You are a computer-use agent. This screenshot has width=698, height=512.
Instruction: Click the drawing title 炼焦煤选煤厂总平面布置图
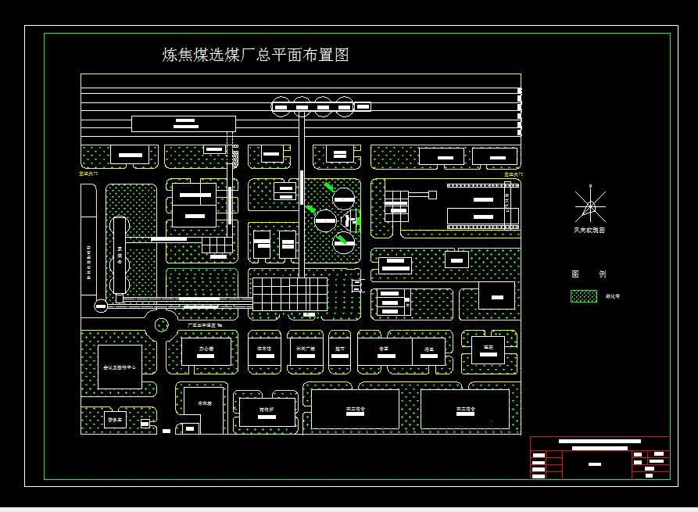click(x=255, y=55)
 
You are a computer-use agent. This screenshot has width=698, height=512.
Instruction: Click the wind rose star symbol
click(x=590, y=206)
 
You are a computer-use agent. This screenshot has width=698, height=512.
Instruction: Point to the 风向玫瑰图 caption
click(x=589, y=231)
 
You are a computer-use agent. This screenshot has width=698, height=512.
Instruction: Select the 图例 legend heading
click(x=589, y=274)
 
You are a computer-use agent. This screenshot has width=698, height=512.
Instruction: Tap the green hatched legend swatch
click(x=584, y=296)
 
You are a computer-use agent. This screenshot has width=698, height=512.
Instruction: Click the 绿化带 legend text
click(x=613, y=296)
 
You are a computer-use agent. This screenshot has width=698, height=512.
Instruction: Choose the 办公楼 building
click(x=206, y=351)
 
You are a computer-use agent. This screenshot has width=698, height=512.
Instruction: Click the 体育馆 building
click(x=264, y=350)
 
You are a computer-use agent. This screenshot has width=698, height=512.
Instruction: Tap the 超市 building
click(x=340, y=351)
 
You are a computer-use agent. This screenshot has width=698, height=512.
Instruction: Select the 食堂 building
click(x=384, y=351)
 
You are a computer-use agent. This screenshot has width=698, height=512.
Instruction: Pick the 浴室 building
click(x=428, y=351)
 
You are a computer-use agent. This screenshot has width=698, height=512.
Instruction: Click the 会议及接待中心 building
click(x=120, y=367)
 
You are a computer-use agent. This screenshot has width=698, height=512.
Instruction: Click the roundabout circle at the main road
click(x=162, y=324)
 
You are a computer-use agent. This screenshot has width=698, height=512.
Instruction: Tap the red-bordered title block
click(x=600, y=457)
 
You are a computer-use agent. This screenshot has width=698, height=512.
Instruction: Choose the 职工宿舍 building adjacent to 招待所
click(x=356, y=409)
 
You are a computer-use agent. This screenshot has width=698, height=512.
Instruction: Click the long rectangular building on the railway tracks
click(x=184, y=123)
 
